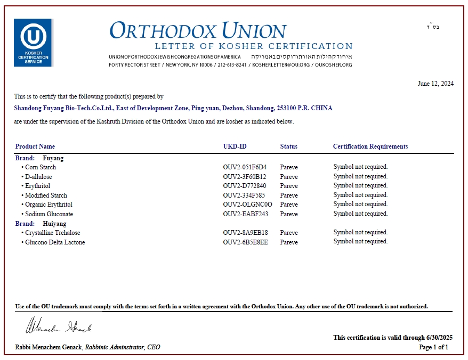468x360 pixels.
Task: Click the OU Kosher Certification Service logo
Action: [x=33, y=43]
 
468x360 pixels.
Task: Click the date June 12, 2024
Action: [x=435, y=83]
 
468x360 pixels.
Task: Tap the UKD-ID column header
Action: [x=235, y=146]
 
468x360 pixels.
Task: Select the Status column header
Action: [x=289, y=146]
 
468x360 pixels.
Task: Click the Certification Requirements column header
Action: [x=370, y=146]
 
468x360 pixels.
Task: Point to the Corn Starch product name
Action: [x=41, y=167]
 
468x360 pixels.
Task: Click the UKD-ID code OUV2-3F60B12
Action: [x=245, y=177]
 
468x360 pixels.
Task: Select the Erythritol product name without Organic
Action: [x=38, y=186]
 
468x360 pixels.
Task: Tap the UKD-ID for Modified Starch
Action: [x=245, y=195]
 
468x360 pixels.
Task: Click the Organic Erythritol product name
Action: [x=49, y=204]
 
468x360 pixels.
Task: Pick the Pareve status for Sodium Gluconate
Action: [x=289, y=214]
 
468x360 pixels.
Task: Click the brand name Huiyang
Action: [x=54, y=224]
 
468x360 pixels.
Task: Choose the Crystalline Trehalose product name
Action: [x=52, y=233]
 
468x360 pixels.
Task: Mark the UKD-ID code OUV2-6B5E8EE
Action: [x=245, y=242]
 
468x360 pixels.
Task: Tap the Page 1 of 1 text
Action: [x=433, y=347]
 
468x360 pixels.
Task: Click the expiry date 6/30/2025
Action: [x=439, y=338]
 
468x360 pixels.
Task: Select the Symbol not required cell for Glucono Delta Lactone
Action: [x=360, y=242]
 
